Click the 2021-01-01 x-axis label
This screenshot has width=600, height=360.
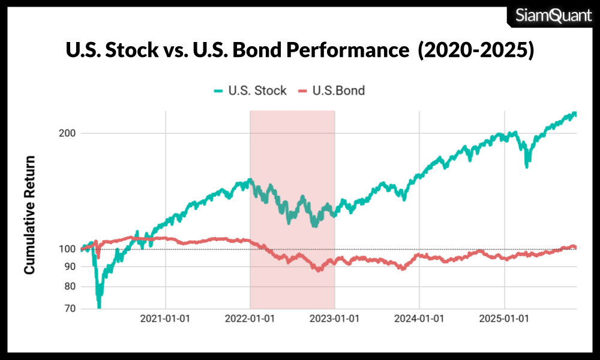point(165,319)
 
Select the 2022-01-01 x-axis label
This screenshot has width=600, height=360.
point(250,319)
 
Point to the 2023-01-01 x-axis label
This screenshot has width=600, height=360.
point(334,319)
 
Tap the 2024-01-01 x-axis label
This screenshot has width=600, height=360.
point(419,319)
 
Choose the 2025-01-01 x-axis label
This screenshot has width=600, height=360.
point(504,319)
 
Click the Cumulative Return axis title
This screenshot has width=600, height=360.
point(29,215)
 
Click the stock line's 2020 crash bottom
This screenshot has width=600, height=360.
point(99,306)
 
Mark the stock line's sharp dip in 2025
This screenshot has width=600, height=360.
point(527,165)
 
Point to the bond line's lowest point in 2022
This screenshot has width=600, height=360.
point(319,270)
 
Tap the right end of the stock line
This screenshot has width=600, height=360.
point(575,113)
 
